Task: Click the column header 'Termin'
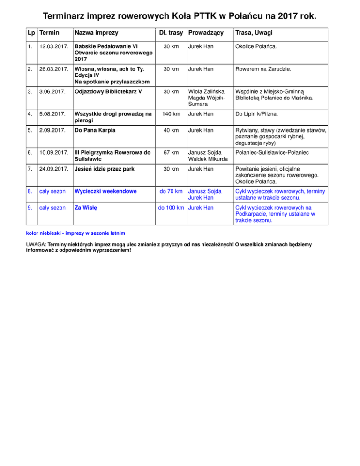pyautogui.click(x=49, y=33)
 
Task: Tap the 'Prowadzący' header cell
pyautogui.click(x=205, y=33)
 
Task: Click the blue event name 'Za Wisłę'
pyautogui.click(x=88, y=208)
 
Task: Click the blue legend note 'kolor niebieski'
pyautogui.click(x=43, y=233)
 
